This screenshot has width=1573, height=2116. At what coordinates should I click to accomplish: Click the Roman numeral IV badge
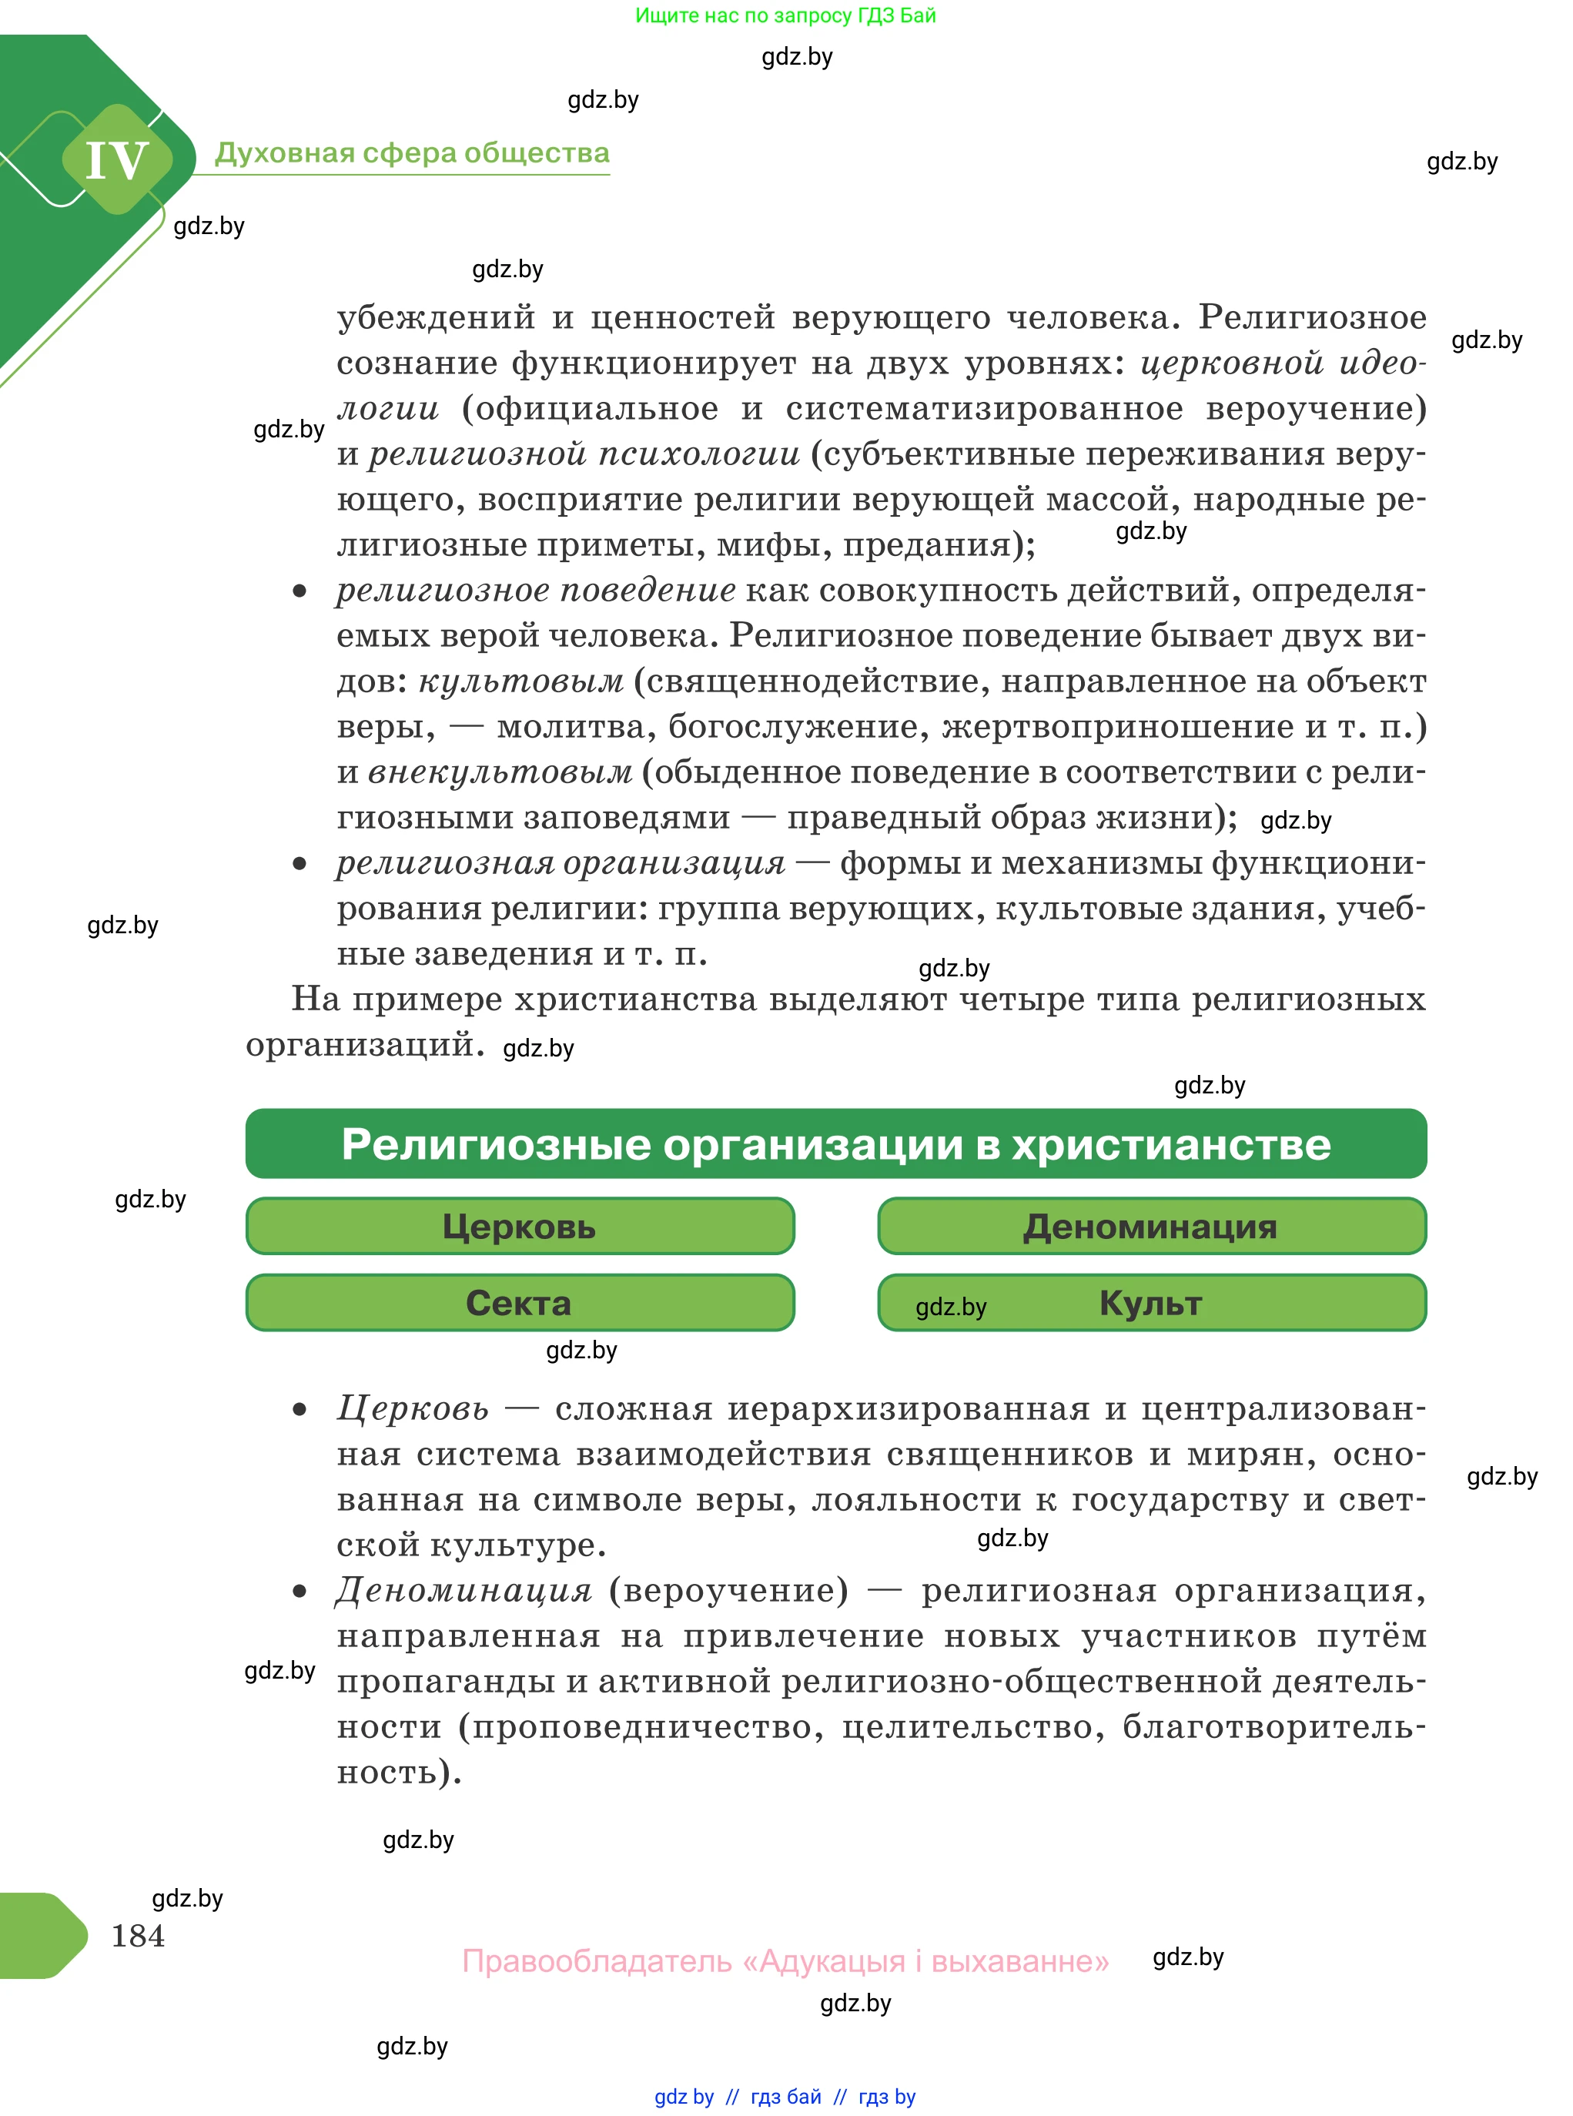pyautogui.click(x=117, y=160)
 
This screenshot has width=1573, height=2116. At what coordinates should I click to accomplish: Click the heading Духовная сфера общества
pyautogui.click(x=411, y=153)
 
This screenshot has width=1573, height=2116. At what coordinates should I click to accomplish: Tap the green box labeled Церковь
pyautogui.click(x=520, y=1226)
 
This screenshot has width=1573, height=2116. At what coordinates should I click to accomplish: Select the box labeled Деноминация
pyautogui.click(x=1151, y=1226)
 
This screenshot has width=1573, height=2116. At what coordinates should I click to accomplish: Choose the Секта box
pyautogui.click(x=520, y=1302)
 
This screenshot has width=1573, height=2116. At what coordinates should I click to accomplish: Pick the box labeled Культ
pyautogui.click(x=1151, y=1302)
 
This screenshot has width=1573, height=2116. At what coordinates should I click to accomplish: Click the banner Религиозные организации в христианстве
pyautogui.click(x=836, y=1143)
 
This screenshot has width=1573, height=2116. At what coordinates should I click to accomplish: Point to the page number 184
pyautogui.click(x=138, y=1935)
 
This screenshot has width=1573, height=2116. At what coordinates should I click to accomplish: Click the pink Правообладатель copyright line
pyautogui.click(x=785, y=1960)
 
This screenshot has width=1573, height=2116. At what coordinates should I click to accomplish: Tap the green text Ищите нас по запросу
pyautogui.click(x=785, y=15)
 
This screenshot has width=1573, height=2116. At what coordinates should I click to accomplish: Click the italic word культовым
pyautogui.click(x=522, y=681)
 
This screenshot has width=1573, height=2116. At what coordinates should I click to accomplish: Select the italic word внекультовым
pyautogui.click(x=500, y=772)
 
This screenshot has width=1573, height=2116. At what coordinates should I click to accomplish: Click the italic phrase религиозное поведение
pyautogui.click(x=536, y=591)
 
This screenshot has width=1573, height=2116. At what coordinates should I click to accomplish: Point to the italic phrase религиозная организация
pyautogui.click(x=561, y=862)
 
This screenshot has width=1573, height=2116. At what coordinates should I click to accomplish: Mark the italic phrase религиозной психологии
pyautogui.click(x=584, y=454)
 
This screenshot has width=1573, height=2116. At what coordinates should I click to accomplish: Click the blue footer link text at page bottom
pyautogui.click(x=785, y=2096)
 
